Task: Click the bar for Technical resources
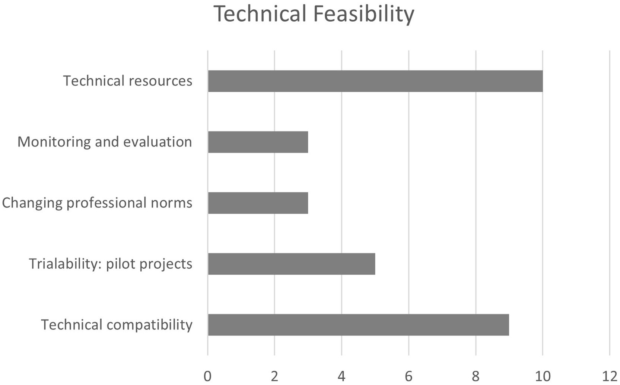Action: (x=375, y=81)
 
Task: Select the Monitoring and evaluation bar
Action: (x=258, y=142)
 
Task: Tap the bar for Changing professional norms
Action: (x=258, y=203)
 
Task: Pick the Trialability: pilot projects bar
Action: (x=291, y=264)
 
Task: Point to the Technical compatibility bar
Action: (x=358, y=325)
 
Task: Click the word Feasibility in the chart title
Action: (x=363, y=14)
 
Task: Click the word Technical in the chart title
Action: (x=260, y=14)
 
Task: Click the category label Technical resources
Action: (x=128, y=81)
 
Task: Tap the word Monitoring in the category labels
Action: (x=54, y=142)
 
